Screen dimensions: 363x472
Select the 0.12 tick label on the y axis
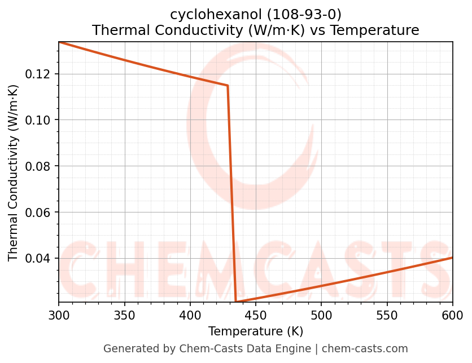coord(38,74)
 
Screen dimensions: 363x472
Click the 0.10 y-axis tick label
coord(38,120)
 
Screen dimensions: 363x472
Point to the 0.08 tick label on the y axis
coord(38,166)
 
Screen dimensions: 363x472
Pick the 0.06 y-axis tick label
coord(38,213)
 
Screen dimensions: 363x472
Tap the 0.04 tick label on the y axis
coord(38,259)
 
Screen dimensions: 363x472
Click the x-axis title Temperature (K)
coord(255,331)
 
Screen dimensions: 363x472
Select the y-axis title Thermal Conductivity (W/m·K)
coord(14,172)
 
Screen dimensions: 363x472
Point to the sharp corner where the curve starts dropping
coord(228,86)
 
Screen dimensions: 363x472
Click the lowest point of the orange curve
coord(236,302)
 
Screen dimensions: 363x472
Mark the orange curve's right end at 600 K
coord(452,258)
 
